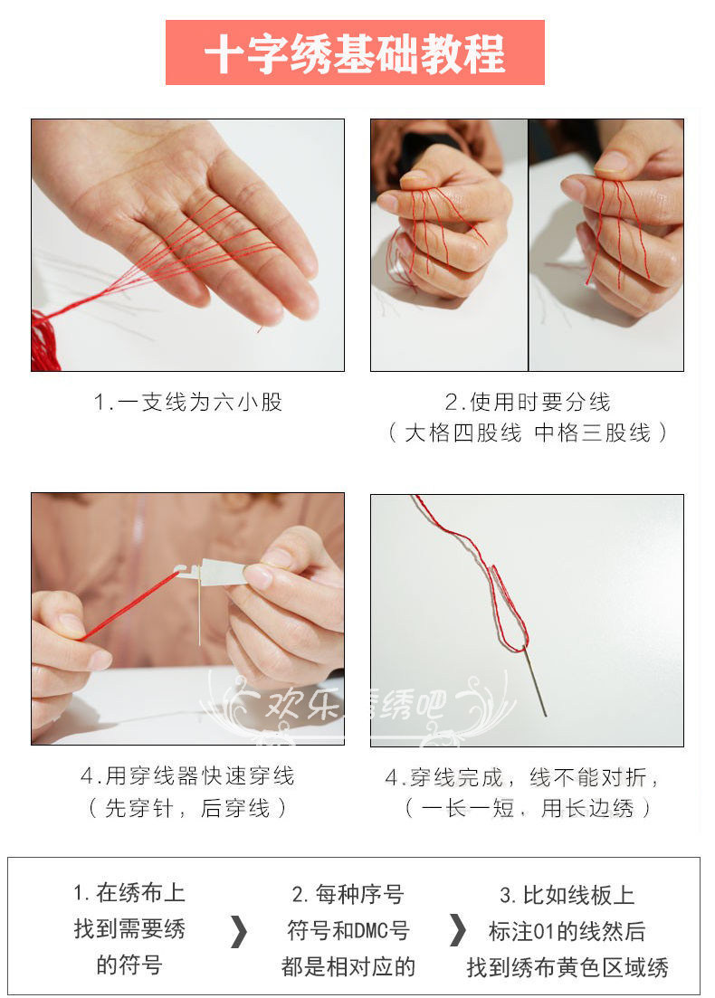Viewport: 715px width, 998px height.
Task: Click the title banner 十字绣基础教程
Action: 355,52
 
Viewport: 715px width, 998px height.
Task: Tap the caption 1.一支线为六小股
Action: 188,403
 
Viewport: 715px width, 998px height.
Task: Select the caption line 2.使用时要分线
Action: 527,403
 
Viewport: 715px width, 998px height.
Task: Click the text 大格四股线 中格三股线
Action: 528,433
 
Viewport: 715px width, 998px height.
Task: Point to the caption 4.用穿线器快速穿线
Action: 188,776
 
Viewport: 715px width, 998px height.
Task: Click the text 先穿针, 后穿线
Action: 188,808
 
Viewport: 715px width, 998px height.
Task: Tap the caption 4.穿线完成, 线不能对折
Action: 522,777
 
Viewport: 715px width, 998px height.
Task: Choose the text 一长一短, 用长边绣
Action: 528,808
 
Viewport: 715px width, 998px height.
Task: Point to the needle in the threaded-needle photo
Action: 535,680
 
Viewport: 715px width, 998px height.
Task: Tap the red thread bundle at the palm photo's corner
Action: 44,340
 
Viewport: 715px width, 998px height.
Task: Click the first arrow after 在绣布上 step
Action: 238,932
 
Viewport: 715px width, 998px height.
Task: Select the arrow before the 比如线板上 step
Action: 457,930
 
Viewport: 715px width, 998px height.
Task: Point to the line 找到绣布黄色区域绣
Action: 567,967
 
